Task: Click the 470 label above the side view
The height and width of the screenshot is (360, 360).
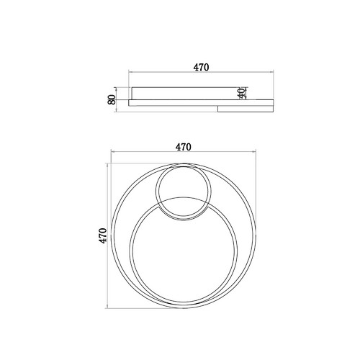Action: coord(201,68)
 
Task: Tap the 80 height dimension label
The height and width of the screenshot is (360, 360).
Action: coord(112,99)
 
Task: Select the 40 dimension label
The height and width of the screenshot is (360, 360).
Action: coord(242,93)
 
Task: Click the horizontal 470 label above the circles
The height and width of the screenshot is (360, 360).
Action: coord(184,147)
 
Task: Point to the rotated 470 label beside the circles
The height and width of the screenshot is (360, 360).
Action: coord(104,235)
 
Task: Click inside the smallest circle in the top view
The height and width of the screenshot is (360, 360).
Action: coord(184,192)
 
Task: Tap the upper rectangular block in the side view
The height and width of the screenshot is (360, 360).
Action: coord(184,94)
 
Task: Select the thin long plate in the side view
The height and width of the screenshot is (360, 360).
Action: coord(201,103)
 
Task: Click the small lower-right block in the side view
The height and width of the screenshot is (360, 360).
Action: coord(246,109)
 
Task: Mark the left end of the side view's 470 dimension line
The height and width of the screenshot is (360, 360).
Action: coord(129,71)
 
